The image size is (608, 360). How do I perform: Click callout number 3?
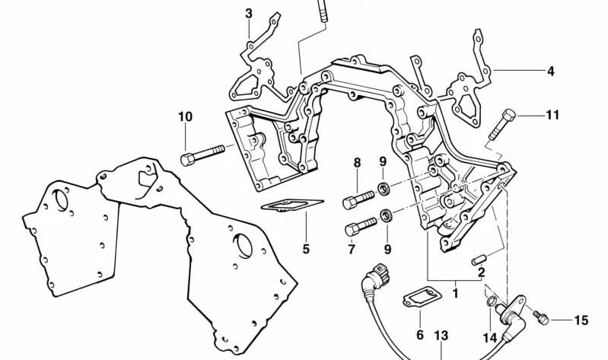pyautogui.click(x=249, y=13)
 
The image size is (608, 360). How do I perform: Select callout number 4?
pyautogui.click(x=550, y=72)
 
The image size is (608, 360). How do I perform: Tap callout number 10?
pyautogui.click(x=186, y=117)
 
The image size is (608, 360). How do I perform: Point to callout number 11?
pyautogui.click(x=552, y=116)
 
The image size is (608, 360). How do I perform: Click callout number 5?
pyautogui.click(x=306, y=248)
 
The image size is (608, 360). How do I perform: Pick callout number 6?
pyautogui.click(x=419, y=335)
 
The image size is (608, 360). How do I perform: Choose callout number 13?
pyautogui.click(x=442, y=335)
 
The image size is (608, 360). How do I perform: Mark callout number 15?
pyautogui.click(x=581, y=321)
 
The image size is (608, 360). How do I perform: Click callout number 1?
pyautogui.click(x=455, y=290)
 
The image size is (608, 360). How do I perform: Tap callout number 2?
pyautogui.click(x=481, y=272)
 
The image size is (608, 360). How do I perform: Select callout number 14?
pyautogui.click(x=489, y=337)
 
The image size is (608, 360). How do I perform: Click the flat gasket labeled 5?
pyautogui.click(x=292, y=205)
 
